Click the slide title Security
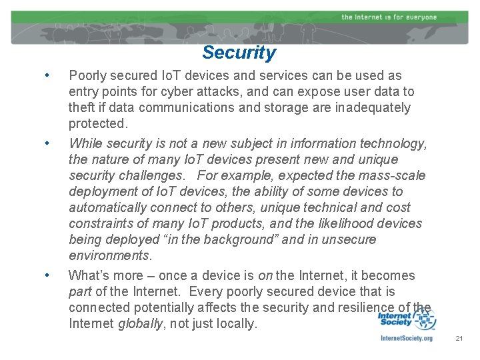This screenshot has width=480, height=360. (239, 53)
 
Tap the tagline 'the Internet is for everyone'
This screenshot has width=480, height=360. (389, 17)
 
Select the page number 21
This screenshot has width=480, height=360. (459, 339)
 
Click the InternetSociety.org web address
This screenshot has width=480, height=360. (406, 338)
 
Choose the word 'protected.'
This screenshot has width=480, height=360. (98, 123)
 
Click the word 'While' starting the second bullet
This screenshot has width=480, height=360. (85, 143)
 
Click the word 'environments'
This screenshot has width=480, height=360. (109, 255)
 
